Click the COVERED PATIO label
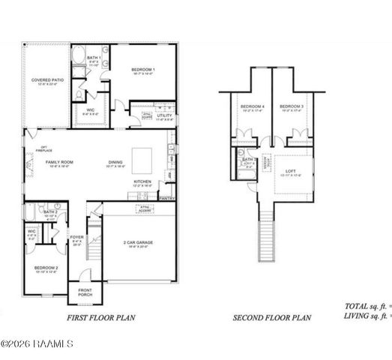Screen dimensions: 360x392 coord(46,79)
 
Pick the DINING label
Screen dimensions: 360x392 coord(115,162)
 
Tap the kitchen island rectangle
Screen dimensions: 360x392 coord(142,160)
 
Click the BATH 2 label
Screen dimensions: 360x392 coord(50,213)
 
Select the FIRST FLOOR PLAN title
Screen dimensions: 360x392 coord(102,318)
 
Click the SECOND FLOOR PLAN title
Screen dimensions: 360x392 coord(271,318)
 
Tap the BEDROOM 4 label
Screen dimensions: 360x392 coord(251,107)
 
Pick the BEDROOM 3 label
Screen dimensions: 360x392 coord(291,107)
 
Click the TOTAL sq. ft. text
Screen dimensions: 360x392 coord(362,306)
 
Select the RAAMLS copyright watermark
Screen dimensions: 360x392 coord(37,344)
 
